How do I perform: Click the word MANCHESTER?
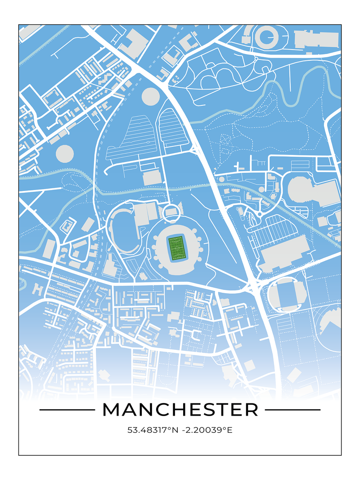coord(180,410)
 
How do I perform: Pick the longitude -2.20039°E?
coord(207,430)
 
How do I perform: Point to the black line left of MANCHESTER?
coord(67,410)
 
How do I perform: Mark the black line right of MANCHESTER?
coord(292,410)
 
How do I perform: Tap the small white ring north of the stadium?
coord(171,213)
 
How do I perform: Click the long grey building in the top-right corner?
coord(316,39)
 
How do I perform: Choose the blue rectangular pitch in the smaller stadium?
coord(287,295)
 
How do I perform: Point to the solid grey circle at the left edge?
coord(65,154)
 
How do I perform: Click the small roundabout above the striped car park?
coord(259,214)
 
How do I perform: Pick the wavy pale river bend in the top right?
coord(288,90)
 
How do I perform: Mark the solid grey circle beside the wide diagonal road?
coord(151,96)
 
